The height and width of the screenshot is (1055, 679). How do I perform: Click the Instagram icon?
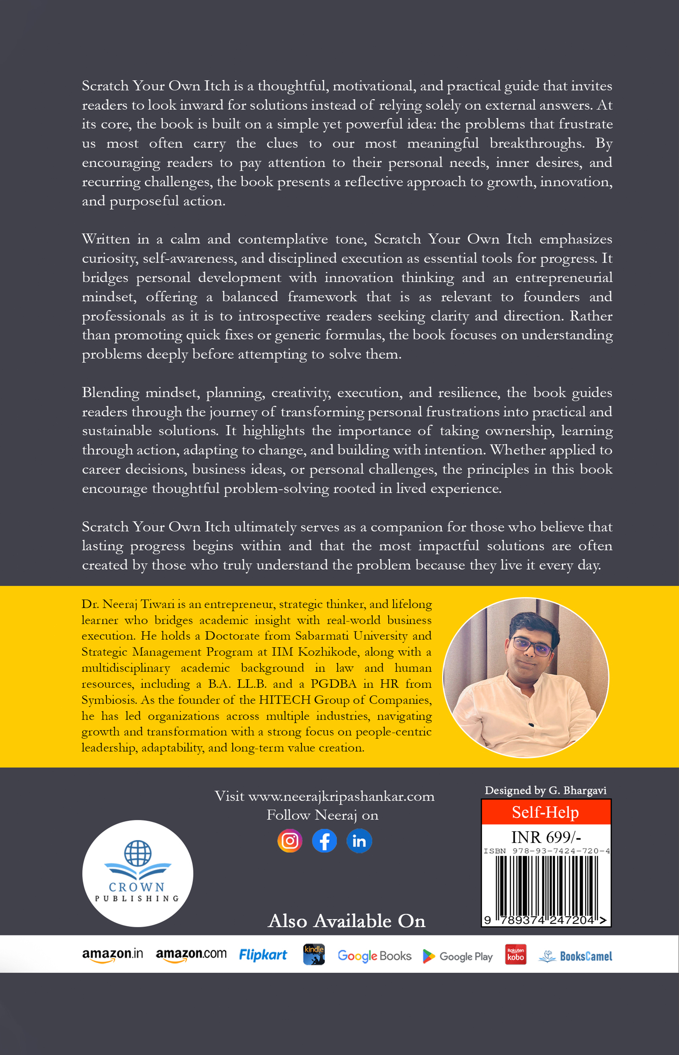[290, 841]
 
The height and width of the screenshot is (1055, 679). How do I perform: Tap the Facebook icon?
[324, 841]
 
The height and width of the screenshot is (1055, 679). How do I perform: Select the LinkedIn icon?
[359, 841]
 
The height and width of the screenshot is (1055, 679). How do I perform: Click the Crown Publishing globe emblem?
[138, 853]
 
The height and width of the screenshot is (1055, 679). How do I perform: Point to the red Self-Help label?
[545, 812]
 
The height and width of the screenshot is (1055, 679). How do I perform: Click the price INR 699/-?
[545, 837]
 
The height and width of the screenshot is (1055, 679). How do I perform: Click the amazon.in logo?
[112, 955]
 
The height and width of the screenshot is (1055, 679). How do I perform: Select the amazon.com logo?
[191, 955]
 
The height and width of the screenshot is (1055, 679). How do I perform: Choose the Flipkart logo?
[263, 955]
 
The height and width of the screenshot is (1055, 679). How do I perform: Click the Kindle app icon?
[314, 955]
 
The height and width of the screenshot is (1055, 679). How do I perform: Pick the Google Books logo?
[374, 956]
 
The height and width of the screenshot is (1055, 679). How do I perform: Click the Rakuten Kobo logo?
[515, 955]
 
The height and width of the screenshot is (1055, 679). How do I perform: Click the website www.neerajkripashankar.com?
[341, 796]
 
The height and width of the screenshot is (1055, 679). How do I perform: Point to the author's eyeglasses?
[532, 646]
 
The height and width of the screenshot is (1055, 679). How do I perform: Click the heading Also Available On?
[347, 921]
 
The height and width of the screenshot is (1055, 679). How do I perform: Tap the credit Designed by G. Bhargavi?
[545, 790]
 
